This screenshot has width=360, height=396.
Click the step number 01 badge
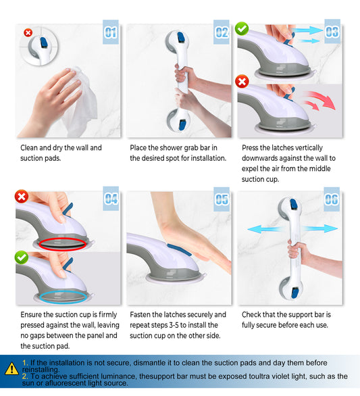point(111,32)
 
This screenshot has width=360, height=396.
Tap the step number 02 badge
point(222,32)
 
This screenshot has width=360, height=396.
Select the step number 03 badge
point(332,32)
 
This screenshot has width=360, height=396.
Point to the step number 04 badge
point(111,199)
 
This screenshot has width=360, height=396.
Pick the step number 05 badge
point(222,199)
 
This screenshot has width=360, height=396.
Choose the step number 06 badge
point(332,199)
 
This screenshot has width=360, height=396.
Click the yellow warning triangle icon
point(11,368)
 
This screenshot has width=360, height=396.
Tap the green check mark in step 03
point(242,29)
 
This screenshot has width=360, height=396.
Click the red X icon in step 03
point(242,81)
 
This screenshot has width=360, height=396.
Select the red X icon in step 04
point(22,196)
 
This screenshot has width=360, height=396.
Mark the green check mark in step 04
point(22,257)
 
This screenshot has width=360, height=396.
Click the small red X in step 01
point(28,32)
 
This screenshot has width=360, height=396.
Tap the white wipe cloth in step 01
point(82,101)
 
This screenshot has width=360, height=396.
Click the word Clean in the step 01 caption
point(29,148)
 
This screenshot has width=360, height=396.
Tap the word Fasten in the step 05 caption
point(140,315)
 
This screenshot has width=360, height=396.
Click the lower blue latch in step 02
point(182,125)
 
